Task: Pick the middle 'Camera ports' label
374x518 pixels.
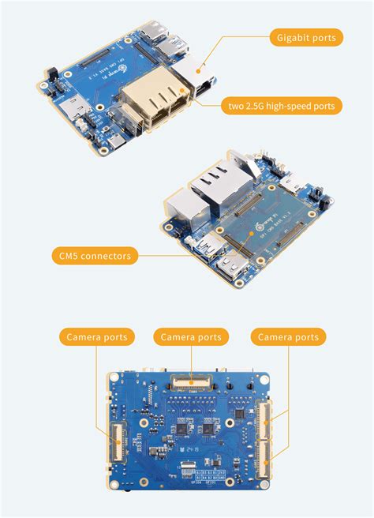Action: (x=191, y=337)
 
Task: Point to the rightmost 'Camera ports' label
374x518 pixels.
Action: (x=289, y=337)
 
